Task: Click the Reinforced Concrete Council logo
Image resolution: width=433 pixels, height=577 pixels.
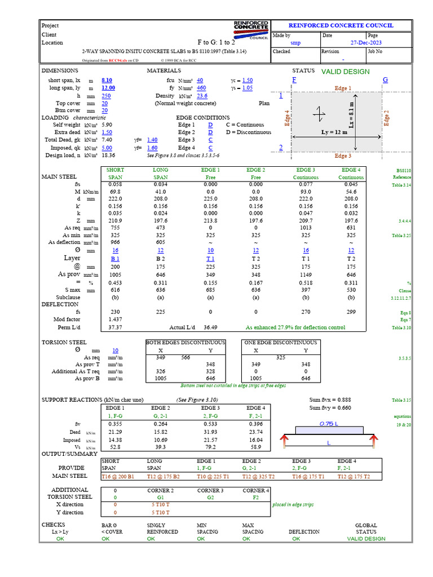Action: [x=251, y=30]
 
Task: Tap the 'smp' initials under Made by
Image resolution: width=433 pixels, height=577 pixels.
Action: [x=295, y=43]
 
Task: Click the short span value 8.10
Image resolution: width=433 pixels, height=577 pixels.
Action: [x=107, y=81]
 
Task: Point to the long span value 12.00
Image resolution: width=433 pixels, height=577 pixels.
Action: [x=108, y=88]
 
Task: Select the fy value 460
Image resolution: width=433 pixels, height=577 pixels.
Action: [x=201, y=88]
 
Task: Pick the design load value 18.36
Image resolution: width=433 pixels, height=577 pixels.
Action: [x=108, y=155]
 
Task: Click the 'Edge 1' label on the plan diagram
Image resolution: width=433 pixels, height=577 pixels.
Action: [x=343, y=88]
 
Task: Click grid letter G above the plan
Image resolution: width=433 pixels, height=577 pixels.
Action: [x=386, y=80]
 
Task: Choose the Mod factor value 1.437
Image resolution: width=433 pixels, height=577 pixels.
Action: [x=115, y=319]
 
